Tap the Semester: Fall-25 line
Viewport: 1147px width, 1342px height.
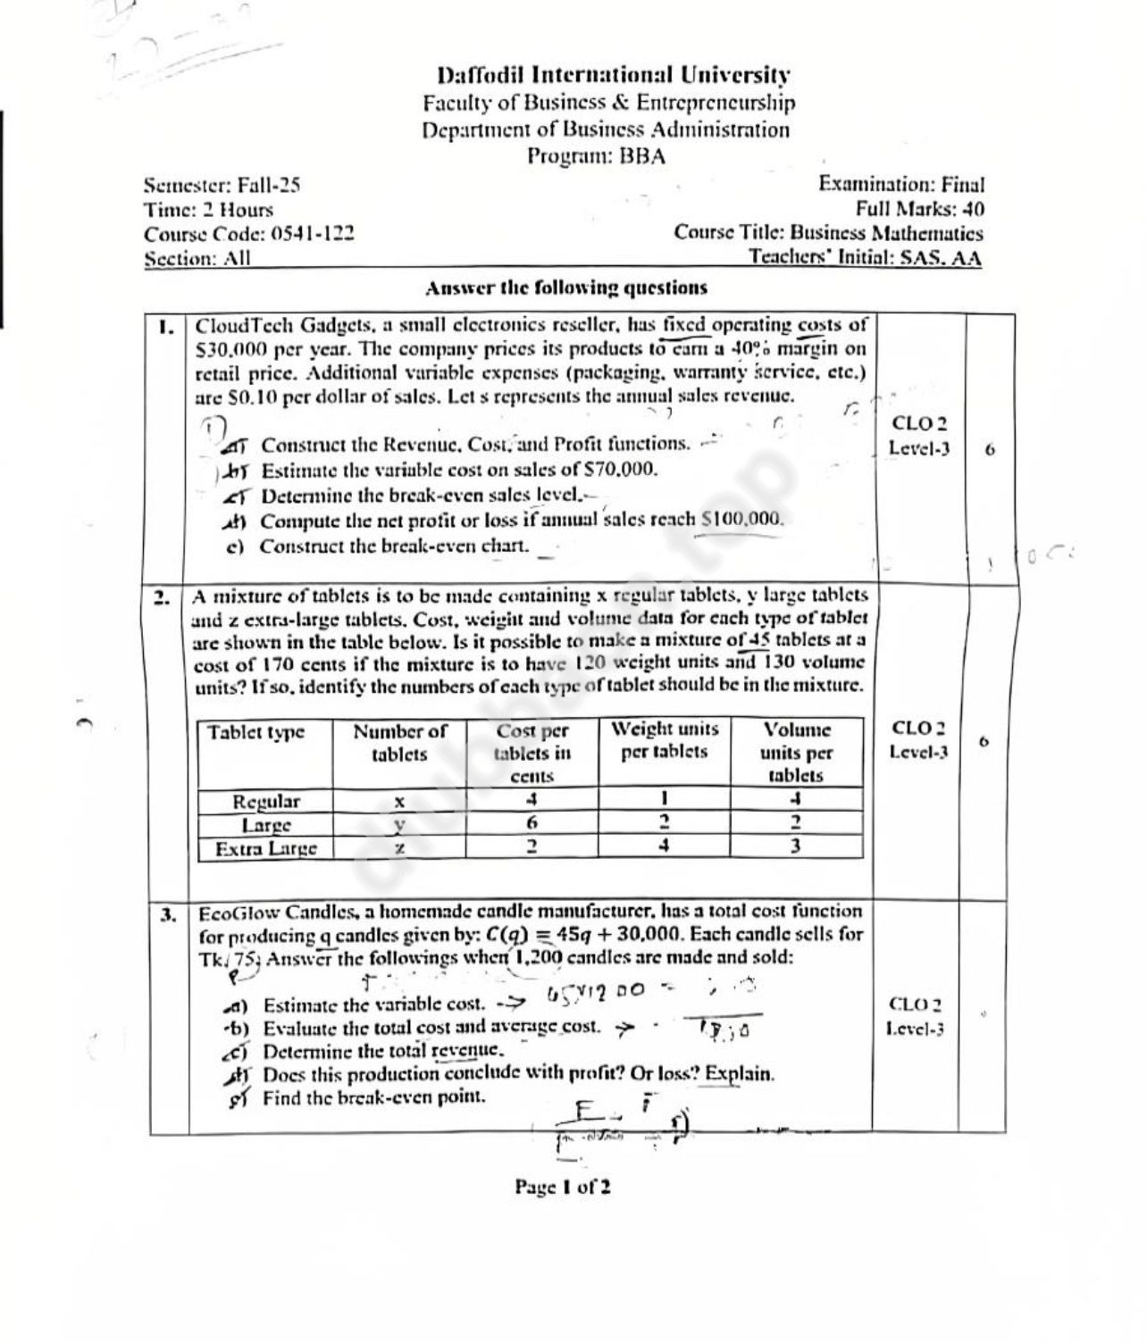[x=222, y=186]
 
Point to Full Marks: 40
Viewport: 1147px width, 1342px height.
[x=919, y=210]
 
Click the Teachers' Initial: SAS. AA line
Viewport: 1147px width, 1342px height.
[x=865, y=258]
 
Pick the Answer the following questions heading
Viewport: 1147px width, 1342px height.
[x=566, y=288]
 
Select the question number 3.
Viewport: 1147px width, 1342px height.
[x=167, y=914]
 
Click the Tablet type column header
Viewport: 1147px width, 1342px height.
[x=256, y=732]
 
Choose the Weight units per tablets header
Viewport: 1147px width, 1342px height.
[x=665, y=739]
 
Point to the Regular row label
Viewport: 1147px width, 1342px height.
[x=265, y=800]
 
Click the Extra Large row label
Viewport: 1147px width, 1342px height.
[x=265, y=847]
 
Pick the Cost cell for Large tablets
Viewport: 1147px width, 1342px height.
[x=532, y=824]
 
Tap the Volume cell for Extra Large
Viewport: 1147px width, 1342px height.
[x=795, y=846]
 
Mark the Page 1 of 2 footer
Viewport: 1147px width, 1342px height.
[x=563, y=1187]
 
